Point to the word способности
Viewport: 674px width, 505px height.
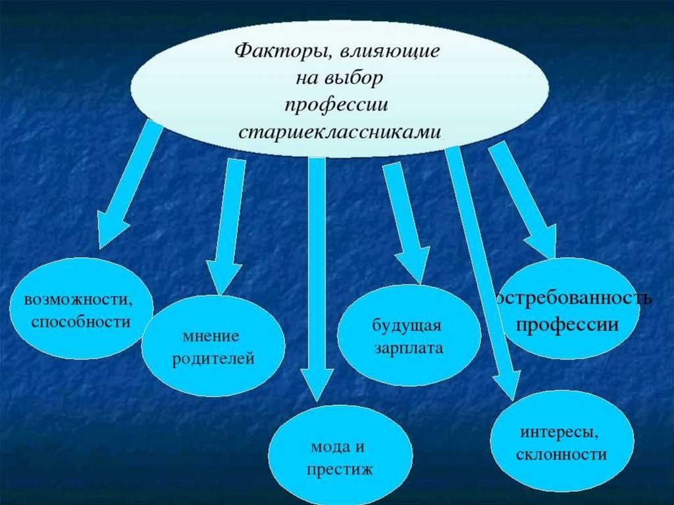click(80, 322)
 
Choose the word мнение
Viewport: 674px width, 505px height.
click(211, 336)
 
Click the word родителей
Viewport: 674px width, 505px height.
click(213, 359)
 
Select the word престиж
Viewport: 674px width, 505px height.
click(340, 469)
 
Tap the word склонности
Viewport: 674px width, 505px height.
click(561, 455)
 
